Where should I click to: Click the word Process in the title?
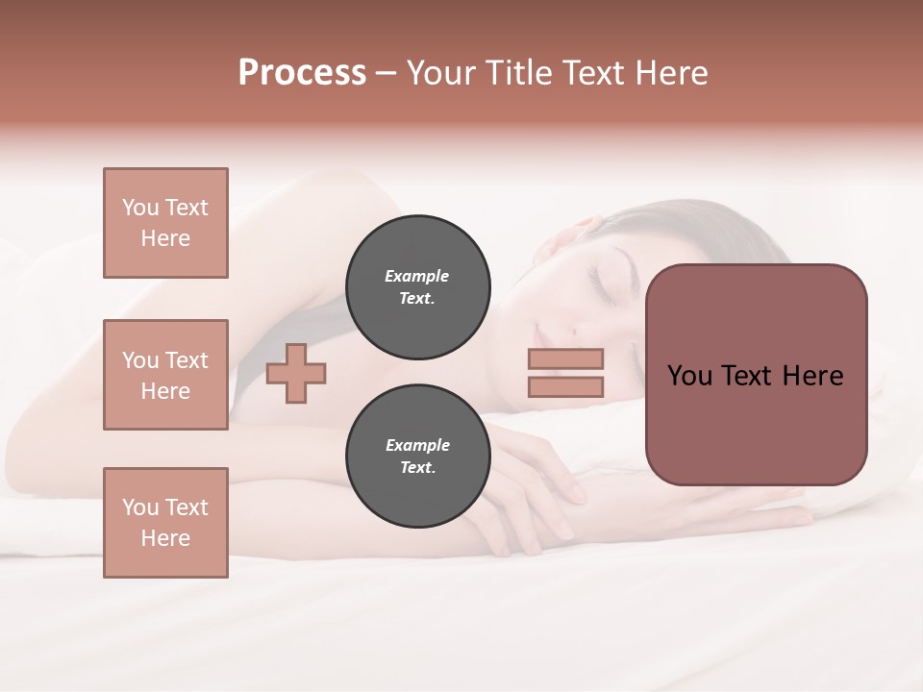pyautogui.click(x=302, y=73)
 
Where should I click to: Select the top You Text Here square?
pyautogui.click(x=165, y=223)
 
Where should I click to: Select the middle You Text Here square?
pyautogui.click(x=165, y=375)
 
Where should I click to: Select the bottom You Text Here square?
pyautogui.click(x=165, y=523)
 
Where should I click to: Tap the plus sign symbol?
pyautogui.click(x=296, y=373)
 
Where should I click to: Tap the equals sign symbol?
pyautogui.click(x=565, y=373)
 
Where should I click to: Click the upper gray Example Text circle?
pyautogui.click(x=417, y=286)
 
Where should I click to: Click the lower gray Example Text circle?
pyautogui.click(x=417, y=456)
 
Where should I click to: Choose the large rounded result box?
pyautogui.click(x=756, y=375)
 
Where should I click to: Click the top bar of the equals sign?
pyautogui.click(x=565, y=359)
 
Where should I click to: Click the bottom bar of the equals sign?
pyautogui.click(x=565, y=386)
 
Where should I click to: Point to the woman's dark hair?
pyautogui.click(x=673, y=231)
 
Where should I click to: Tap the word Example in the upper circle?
pyautogui.click(x=417, y=276)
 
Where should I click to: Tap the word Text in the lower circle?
pyautogui.click(x=417, y=468)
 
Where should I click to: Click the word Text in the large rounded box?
pyautogui.click(x=746, y=376)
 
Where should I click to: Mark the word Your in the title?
pyautogui.click(x=442, y=73)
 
